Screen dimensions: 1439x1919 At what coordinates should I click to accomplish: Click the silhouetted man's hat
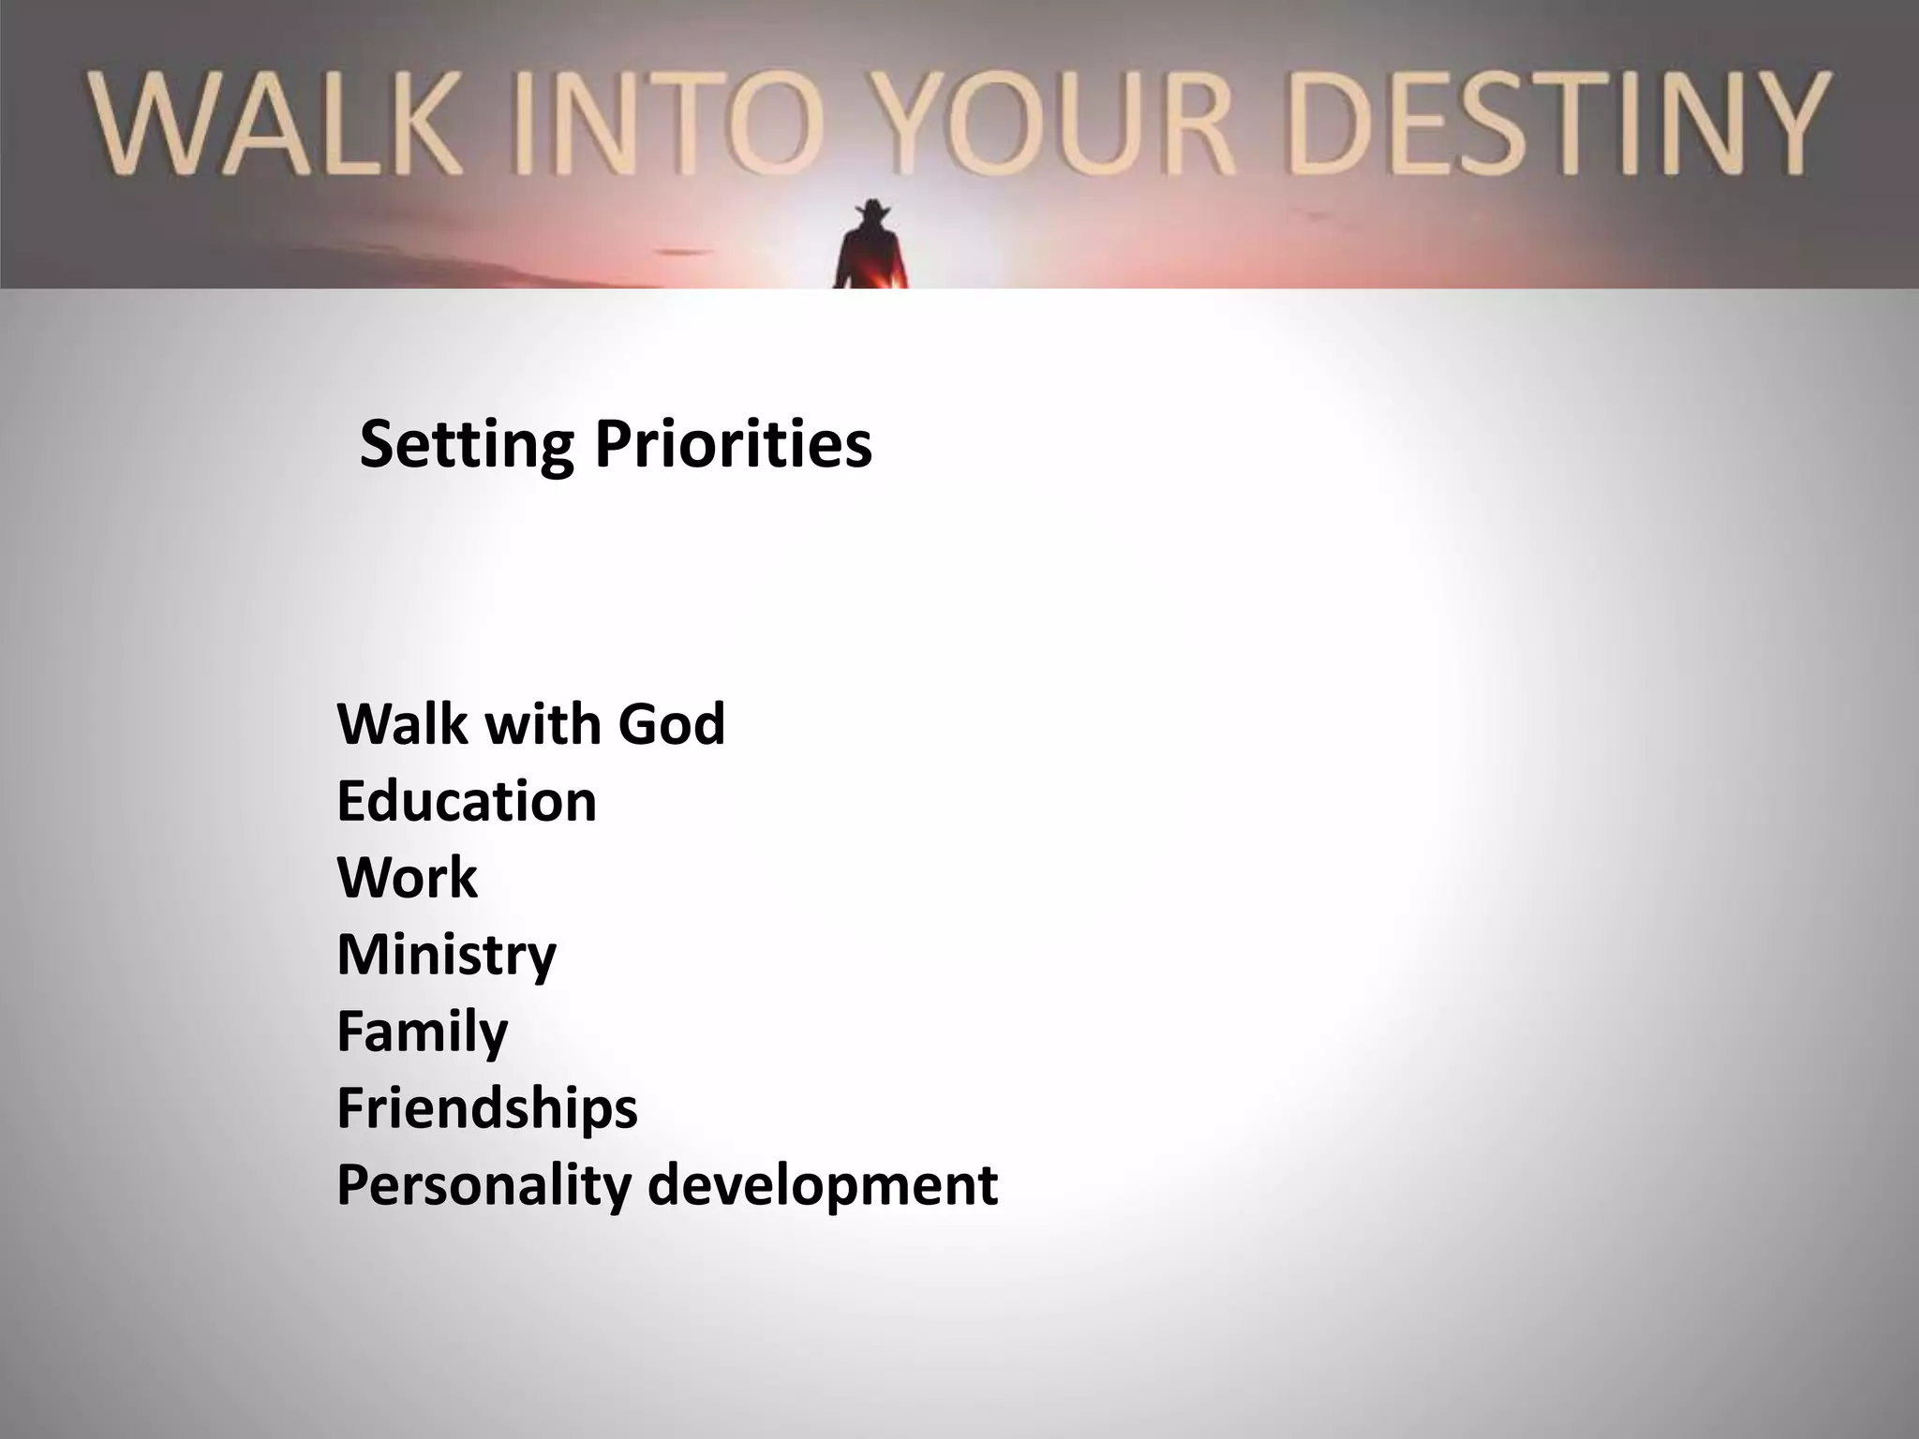click(x=873, y=210)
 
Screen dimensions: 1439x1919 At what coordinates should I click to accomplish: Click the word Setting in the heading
click(x=466, y=444)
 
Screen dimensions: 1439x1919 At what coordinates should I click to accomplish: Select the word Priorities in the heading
click(x=733, y=444)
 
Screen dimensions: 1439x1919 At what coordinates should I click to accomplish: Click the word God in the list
click(x=671, y=723)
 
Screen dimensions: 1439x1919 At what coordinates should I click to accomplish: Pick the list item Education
click(x=466, y=801)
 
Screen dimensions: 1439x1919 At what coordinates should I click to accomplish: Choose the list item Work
click(x=407, y=878)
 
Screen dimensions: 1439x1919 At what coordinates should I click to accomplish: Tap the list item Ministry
click(x=446, y=955)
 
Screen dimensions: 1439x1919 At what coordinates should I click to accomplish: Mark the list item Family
click(x=422, y=1031)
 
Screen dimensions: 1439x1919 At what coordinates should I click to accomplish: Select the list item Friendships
click(x=486, y=1108)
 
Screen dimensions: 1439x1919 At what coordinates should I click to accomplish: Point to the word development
click(x=823, y=1185)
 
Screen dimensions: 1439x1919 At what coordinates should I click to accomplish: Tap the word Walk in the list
click(x=402, y=723)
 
